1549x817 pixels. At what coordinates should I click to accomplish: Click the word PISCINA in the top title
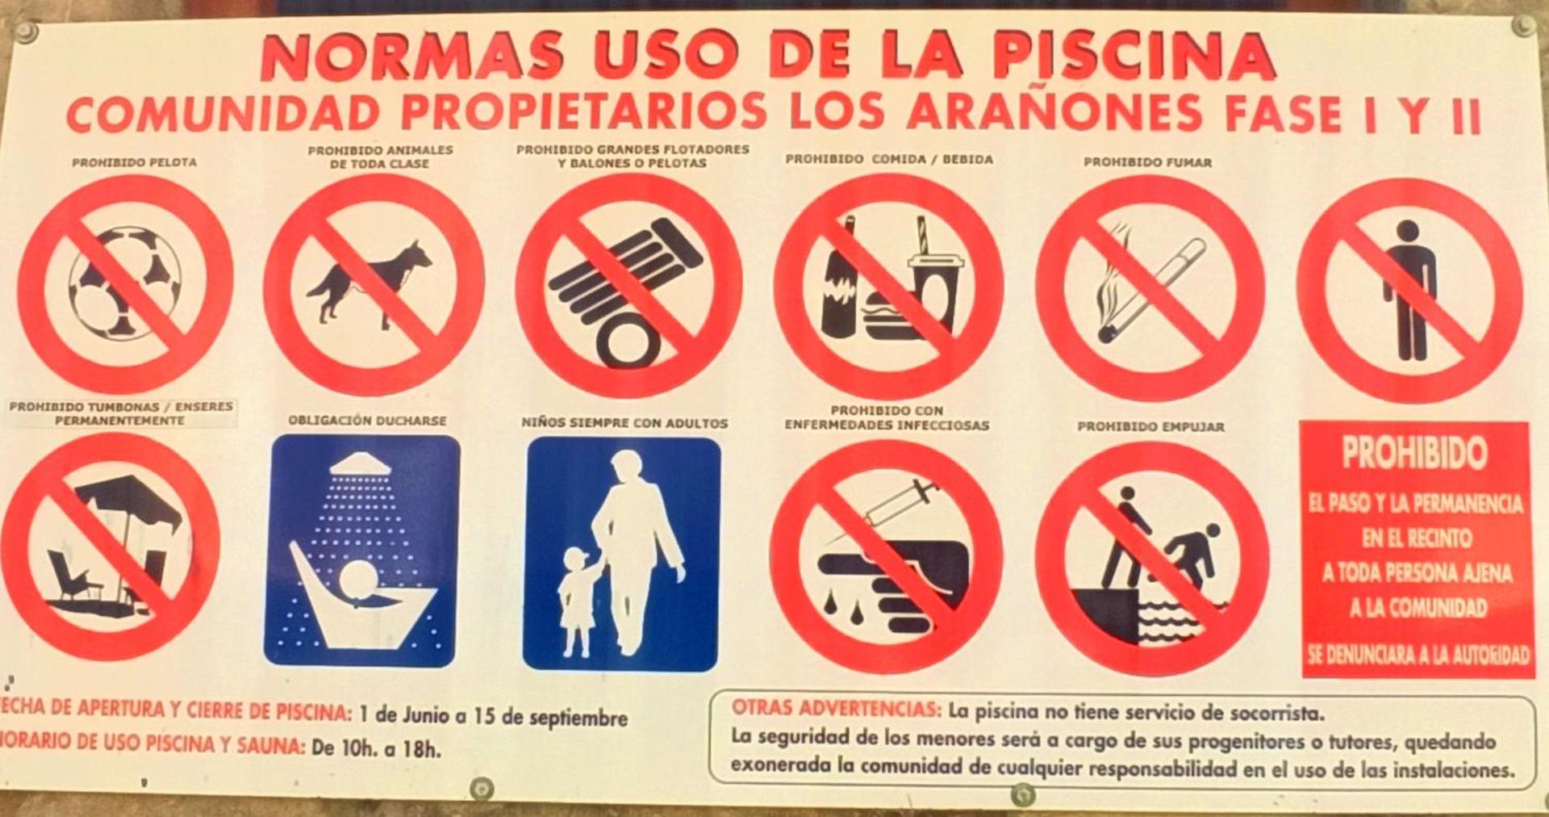[1133, 57]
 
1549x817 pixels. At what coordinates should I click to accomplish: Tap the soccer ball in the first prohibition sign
[124, 283]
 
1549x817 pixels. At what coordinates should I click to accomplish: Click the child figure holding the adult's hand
[576, 597]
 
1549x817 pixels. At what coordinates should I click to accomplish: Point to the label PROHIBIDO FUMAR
[1147, 162]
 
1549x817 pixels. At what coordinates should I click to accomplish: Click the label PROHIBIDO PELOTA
[134, 162]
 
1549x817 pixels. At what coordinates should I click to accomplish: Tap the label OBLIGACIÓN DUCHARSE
[367, 421]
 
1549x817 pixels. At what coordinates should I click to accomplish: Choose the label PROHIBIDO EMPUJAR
[1150, 426]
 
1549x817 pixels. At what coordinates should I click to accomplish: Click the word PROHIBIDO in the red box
[1413, 454]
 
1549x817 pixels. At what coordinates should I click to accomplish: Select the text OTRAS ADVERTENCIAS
[836, 710]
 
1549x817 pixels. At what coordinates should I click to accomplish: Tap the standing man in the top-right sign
[1409, 291]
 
